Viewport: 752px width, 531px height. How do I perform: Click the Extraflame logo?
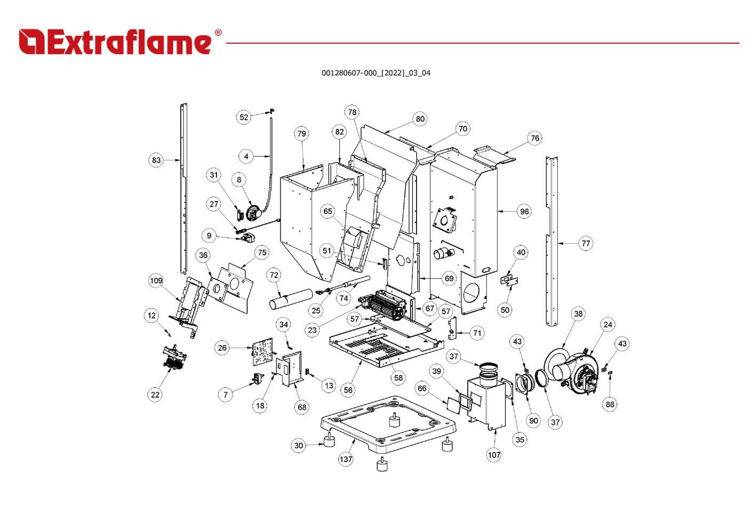point(115,42)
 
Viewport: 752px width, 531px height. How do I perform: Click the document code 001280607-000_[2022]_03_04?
point(375,73)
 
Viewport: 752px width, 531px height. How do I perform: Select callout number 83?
point(156,160)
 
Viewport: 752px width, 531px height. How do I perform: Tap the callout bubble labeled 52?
point(244,117)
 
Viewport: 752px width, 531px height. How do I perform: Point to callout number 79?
point(302,134)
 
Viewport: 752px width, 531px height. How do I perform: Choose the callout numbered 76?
point(535,139)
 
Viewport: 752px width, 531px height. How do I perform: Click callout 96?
point(524,212)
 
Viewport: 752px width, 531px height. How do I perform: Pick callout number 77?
point(586,244)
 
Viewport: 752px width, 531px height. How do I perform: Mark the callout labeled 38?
point(578,314)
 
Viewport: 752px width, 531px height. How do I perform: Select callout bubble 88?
point(610,404)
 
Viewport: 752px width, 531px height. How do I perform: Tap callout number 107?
point(494,455)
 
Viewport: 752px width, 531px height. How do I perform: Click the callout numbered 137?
point(346,459)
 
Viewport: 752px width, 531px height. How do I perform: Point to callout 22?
point(155,395)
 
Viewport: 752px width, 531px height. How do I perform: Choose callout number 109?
point(156,281)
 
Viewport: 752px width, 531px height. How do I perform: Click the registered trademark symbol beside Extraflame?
point(218,33)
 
